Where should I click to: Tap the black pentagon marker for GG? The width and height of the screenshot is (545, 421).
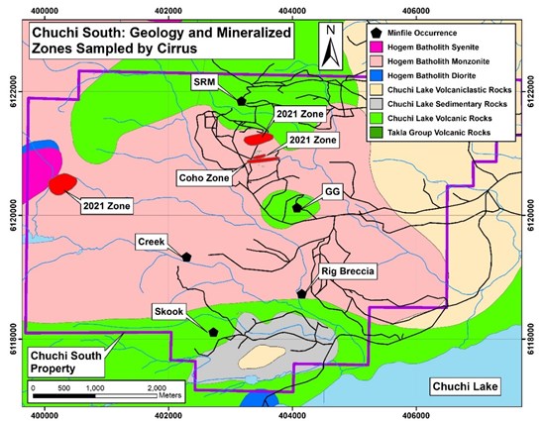tap(298, 207)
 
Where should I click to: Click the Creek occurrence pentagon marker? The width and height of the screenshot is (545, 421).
tap(186, 256)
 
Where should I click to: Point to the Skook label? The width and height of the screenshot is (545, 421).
tap(170, 311)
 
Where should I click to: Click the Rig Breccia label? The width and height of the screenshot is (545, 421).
tap(347, 269)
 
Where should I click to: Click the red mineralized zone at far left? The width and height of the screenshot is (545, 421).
tap(64, 183)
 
